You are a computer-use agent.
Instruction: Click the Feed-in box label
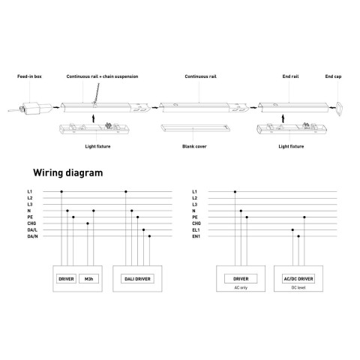pos(29,76)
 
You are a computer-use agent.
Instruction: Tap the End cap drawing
pos(339,109)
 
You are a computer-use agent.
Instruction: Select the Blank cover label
pos(194,146)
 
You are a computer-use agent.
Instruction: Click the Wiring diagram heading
pos(68,172)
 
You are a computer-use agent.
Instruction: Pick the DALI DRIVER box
pos(137,279)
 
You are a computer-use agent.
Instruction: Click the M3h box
pos(88,279)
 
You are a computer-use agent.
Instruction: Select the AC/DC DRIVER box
pos(298,279)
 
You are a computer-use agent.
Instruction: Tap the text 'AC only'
pos(241,288)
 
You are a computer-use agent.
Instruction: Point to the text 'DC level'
pos(298,288)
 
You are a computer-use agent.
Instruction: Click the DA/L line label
pos(32,230)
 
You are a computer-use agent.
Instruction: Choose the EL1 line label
pos(196,230)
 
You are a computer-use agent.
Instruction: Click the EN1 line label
pos(196,236)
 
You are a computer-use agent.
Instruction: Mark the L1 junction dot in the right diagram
pos(235,192)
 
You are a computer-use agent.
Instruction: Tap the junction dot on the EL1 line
pos(292,229)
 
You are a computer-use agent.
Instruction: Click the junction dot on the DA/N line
pos(149,236)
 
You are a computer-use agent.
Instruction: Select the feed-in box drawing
pos(30,108)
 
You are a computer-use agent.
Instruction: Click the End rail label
pos(290,76)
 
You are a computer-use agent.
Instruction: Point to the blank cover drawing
pos(196,128)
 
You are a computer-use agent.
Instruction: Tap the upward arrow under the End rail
pos(283,118)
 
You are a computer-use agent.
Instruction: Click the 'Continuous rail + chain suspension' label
pos(102,76)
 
